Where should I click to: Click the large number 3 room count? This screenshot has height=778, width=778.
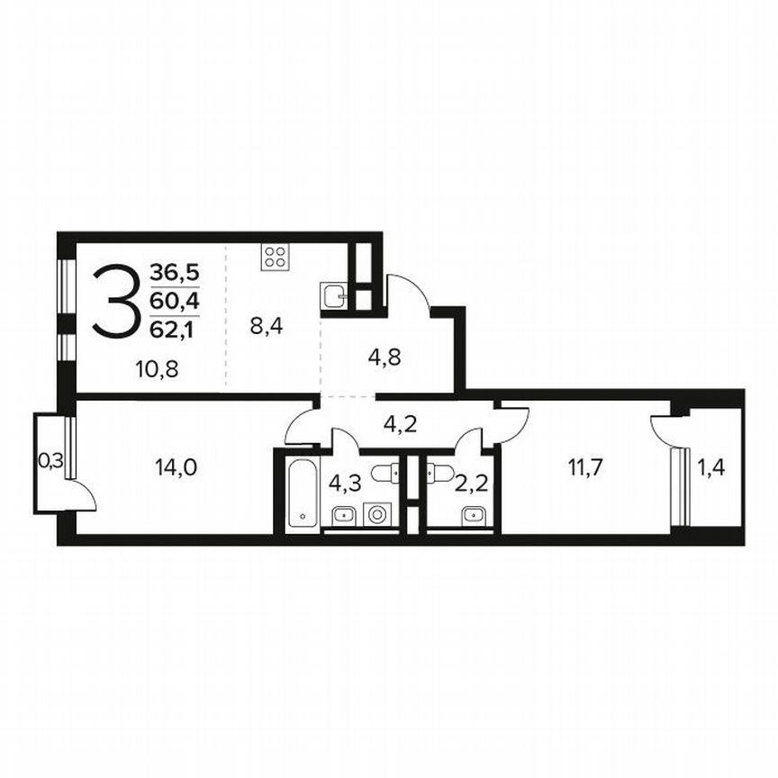point(118,302)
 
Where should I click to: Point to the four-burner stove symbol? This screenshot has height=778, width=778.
point(276,257)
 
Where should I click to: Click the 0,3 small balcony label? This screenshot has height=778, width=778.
point(50,460)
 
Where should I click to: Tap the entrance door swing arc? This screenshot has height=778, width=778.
point(407,288)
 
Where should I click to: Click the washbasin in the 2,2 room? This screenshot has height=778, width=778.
point(473,515)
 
